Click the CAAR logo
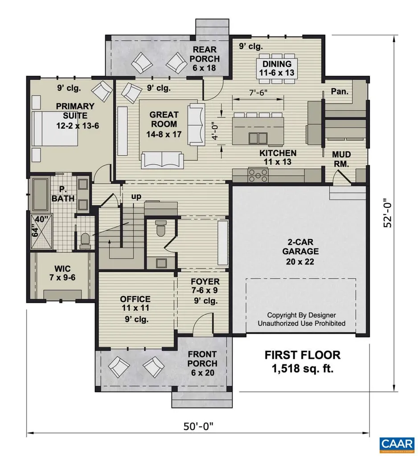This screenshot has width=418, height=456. tap(396, 444)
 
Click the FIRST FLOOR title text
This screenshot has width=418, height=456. tap(303, 355)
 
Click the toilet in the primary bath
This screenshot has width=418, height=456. tap(84, 241)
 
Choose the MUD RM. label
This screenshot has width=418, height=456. tap(342, 159)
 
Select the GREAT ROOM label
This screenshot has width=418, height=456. tap(164, 124)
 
